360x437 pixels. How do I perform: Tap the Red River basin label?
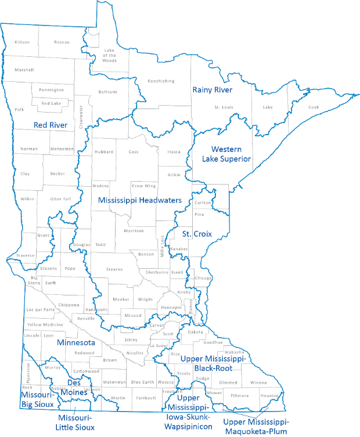[51, 125]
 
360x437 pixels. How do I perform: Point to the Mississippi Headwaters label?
[139, 200]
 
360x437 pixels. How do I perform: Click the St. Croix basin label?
[196, 234]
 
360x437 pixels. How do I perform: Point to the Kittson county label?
[22, 42]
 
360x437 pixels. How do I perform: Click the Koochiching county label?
[161, 81]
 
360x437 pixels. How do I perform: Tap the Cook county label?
[314, 107]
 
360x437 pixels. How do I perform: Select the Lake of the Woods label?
[110, 55]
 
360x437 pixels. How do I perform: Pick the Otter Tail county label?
[60, 199]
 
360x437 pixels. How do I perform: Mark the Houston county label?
[269, 396]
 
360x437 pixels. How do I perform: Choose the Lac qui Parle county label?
[41, 310]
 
